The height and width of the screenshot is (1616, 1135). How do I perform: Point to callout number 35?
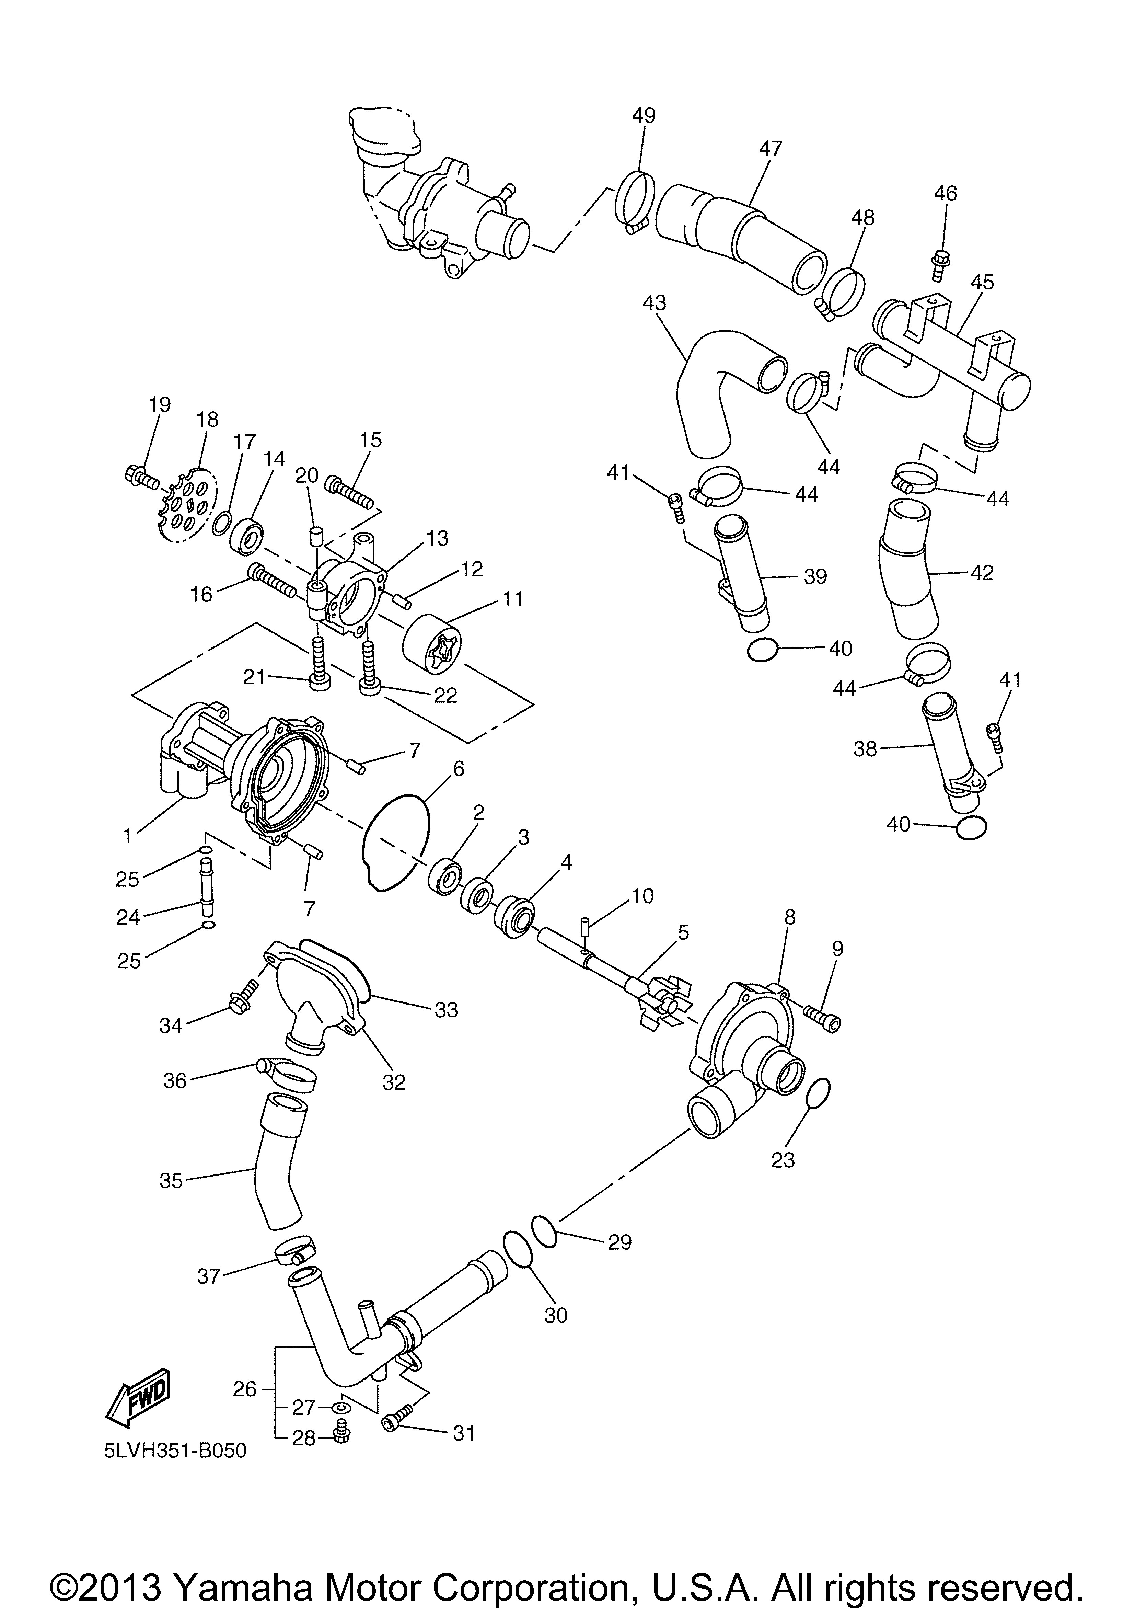tap(171, 1180)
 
